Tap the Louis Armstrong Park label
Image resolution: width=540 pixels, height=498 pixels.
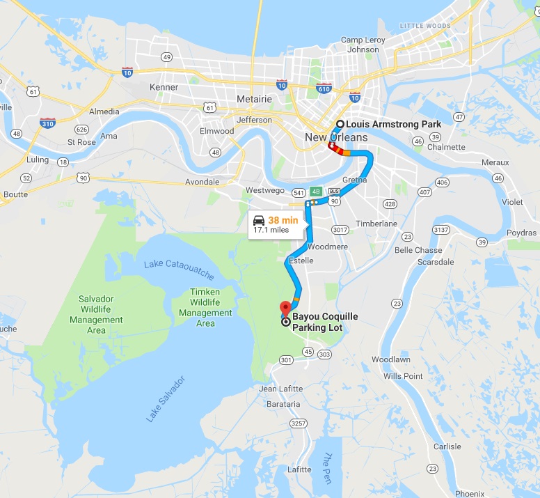click(x=394, y=125)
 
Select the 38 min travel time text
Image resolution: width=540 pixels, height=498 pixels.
click(x=283, y=220)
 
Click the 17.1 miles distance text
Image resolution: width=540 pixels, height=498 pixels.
click(x=271, y=230)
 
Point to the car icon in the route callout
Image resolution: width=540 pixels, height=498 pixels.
click(x=259, y=220)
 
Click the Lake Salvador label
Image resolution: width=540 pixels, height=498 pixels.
click(x=166, y=399)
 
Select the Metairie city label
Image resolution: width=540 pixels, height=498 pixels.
click(x=254, y=99)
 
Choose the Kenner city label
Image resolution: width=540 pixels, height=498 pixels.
click(x=164, y=87)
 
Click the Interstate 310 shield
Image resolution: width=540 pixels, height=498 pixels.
click(x=48, y=123)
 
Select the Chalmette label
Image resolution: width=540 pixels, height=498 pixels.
click(x=447, y=147)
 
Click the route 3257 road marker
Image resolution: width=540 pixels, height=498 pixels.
click(x=299, y=423)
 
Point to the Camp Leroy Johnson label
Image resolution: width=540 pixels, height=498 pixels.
click(x=364, y=45)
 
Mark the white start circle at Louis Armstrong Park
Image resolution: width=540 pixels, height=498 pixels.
click(x=340, y=125)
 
